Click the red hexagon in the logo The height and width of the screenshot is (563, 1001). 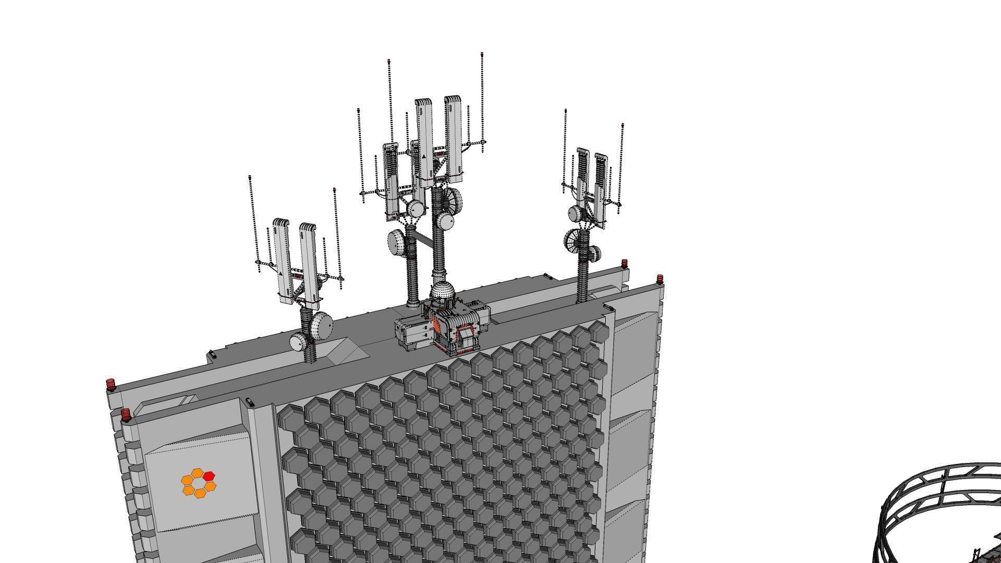click(x=209, y=475)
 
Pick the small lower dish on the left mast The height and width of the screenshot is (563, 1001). click(x=299, y=342)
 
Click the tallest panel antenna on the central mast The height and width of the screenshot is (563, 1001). click(x=453, y=138)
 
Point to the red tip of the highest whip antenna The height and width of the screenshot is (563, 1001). click(x=482, y=54)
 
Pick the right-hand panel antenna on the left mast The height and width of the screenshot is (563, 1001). click(x=308, y=263)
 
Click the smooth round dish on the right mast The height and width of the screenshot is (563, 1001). click(x=575, y=213)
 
